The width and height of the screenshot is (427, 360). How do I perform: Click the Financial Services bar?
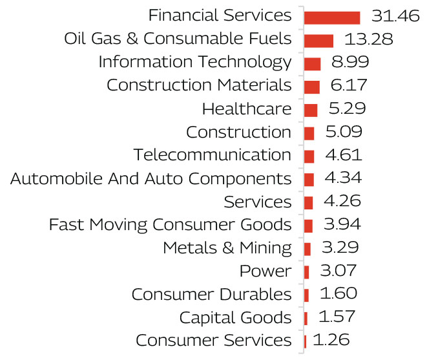click(331, 17)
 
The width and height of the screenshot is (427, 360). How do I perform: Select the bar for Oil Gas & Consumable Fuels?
click(318, 41)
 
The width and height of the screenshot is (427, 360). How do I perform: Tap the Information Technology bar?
click(312, 63)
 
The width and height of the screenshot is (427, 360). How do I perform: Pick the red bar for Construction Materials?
click(311, 87)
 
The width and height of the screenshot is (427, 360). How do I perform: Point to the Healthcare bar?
click(310, 110)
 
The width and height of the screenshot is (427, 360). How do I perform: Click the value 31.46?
click(395, 16)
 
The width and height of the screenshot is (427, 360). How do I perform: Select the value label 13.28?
click(368, 39)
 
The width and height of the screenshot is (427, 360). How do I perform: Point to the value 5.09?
click(344, 132)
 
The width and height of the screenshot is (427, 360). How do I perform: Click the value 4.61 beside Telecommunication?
click(343, 155)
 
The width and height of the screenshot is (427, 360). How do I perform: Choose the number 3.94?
click(342, 224)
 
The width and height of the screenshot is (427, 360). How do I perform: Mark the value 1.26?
click(331, 340)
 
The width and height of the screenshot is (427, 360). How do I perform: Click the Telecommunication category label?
click(213, 155)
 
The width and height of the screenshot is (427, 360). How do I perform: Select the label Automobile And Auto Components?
click(151, 178)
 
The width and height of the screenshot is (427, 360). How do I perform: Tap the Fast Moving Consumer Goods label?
click(171, 225)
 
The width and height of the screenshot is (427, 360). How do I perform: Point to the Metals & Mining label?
click(227, 248)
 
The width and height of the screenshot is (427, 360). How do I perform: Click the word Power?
click(266, 271)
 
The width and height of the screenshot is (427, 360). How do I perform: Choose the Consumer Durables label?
click(212, 294)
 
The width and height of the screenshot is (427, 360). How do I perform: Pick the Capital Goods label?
click(236, 317)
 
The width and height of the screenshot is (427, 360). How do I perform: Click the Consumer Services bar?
click(305, 341)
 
